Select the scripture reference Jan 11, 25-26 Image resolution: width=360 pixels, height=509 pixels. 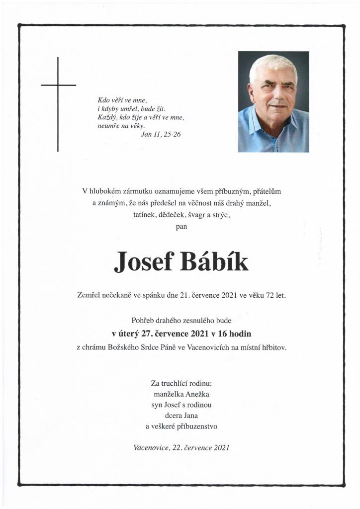coord(161,134)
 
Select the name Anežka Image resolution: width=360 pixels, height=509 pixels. coord(198,394)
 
